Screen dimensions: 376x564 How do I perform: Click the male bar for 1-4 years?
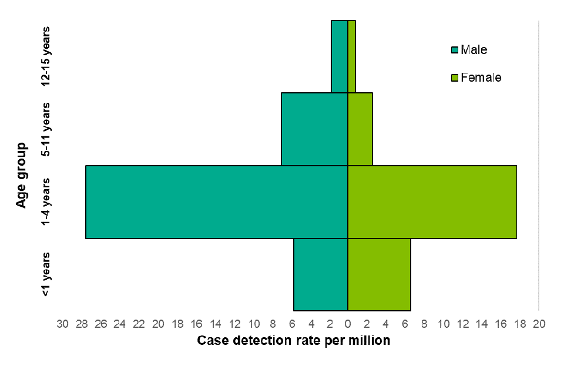pyautogui.click(x=217, y=202)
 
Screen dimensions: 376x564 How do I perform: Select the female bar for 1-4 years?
pyautogui.click(x=432, y=202)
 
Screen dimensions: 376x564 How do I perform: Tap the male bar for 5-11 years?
pyautogui.click(x=314, y=129)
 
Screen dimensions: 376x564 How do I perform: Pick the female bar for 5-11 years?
pyautogui.click(x=360, y=129)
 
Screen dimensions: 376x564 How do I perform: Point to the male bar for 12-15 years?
pyautogui.click(x=340, y=56)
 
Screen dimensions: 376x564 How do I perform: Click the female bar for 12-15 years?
pyautogui.click(x=351, y=56)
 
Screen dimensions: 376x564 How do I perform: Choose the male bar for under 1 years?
pyautogui.click(x=321, y=274)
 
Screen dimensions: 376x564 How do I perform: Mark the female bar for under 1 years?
pyautogui.click(x=379, y=274)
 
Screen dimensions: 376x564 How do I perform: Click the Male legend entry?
pyautogui.click(x=469, y=50)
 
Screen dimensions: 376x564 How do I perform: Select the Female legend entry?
pyautogui.click(x=475, y=78)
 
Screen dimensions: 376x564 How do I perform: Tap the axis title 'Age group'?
pyautogui.click(x=22, y=174)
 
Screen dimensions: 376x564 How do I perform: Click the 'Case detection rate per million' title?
pyautogui.click(x=293, y=341)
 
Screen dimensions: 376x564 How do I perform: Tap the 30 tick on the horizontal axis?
pyautogui.click(x=62, y=324)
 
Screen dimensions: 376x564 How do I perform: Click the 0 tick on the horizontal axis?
pyautogui.click(x=348, y=324)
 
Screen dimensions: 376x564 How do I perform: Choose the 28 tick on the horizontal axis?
pyautogui.click(x=82, y=324)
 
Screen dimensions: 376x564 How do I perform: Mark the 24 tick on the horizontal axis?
pyautogui.click(x=120, y=324)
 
